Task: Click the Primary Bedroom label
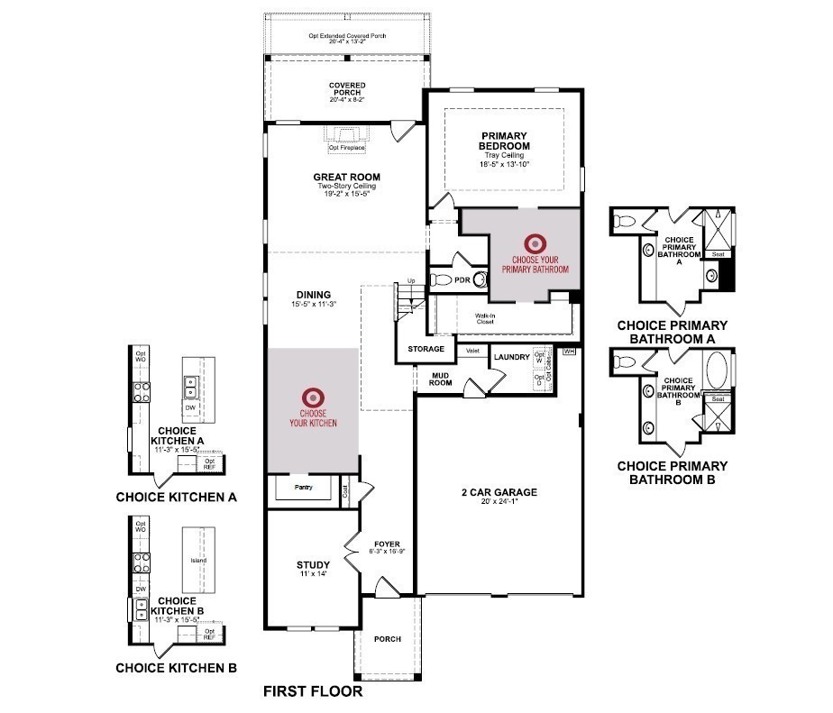(x=504, y=141)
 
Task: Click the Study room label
(x=307, y=566)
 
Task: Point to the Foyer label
(x=385, y=544)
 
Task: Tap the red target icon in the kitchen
(x=313, y=396)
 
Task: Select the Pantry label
(x=303, y=488)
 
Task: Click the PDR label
(x=462, y=280)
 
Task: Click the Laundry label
(x=511, y=358)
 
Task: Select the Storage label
(x=426, y=349)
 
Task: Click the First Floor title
(x=312, y=692)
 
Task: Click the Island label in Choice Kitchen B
(x=198, y=561)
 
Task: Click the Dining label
(x=313, y=295)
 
